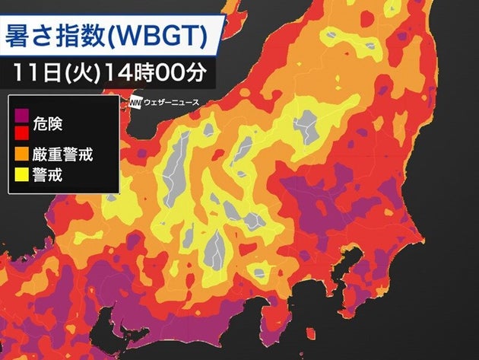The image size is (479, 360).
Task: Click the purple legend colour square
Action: pyautogui.click(x=21, y=118)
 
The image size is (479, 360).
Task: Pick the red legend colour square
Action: pyautogui.click(x=21, y=133)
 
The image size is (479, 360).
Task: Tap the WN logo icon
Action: pyautogui.click(x=135, y=102)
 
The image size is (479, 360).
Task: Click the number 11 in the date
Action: pyautogui.click(x=23, y=75)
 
